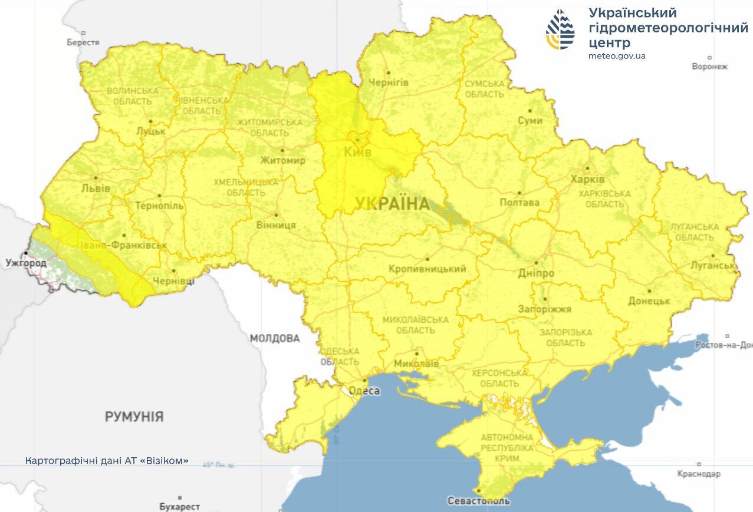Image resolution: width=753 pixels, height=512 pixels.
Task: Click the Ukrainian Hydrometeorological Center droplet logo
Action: point(560,29)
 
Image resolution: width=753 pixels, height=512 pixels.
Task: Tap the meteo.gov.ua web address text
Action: point(617,56)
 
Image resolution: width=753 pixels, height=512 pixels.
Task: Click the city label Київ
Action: point(357,153)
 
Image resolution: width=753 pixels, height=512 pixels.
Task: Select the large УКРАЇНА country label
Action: point(392,204)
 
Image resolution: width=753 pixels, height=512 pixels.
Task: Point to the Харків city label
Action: point(587,179)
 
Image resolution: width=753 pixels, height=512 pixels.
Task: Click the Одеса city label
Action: point(364,391)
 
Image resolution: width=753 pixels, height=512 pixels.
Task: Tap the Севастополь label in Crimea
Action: point(478,501)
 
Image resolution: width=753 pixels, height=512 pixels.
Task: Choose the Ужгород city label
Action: point(26,263)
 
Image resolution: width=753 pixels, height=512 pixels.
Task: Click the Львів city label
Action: point(96,189)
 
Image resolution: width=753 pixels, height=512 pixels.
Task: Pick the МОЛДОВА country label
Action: point(275,338)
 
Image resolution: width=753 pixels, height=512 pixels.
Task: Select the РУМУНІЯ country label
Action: point(134,417)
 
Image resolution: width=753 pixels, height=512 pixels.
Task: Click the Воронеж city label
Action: point(710,67)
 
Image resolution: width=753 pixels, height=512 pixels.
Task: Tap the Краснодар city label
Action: point(699,474)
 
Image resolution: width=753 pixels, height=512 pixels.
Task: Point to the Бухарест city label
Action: point(179,507)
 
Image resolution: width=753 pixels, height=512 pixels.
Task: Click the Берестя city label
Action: point(83,42)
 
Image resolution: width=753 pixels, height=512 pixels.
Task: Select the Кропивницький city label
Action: point(427,269)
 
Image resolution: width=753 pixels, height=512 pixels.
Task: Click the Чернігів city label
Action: point(387,82)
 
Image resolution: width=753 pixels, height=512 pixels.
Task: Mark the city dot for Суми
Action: point(530,110)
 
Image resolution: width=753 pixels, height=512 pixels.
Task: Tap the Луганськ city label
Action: point(713,266)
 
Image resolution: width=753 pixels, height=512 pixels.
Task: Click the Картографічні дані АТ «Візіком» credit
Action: point(107,461)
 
